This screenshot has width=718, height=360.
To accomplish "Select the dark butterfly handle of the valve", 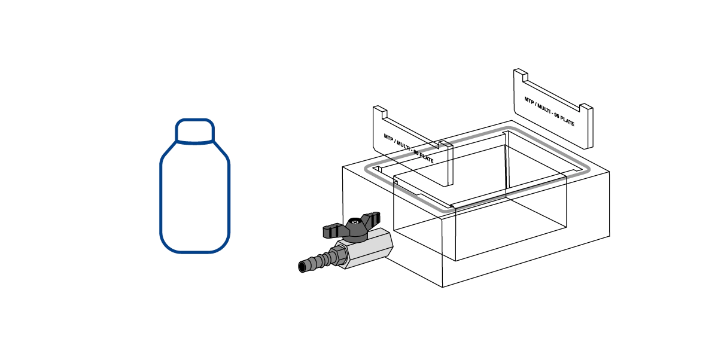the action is pos(352,227).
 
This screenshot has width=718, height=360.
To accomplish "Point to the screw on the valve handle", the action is pos(354,221).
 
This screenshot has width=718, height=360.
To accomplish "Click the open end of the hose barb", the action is pos(302,267).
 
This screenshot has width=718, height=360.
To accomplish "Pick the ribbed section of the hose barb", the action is pos(317,261).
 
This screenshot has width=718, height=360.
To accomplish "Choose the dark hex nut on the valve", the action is pos(340,255).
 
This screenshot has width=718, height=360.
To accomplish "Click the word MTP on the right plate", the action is pos(529,100).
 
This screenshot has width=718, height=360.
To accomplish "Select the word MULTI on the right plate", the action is pos(544,109).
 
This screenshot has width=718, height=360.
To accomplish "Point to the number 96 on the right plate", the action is pos(557,115).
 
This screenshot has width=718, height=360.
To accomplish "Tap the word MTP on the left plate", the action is pos(388,138).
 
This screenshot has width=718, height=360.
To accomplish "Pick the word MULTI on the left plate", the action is pos(404,146).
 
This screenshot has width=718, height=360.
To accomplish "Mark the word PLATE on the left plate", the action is pos(427,158).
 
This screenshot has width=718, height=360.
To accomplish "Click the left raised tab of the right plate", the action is pos(521,74).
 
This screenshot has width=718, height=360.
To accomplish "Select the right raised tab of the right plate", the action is pos(586,109).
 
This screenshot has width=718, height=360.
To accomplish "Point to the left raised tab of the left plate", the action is pos(380,111).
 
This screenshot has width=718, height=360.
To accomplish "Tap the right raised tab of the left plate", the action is pos(446,146).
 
